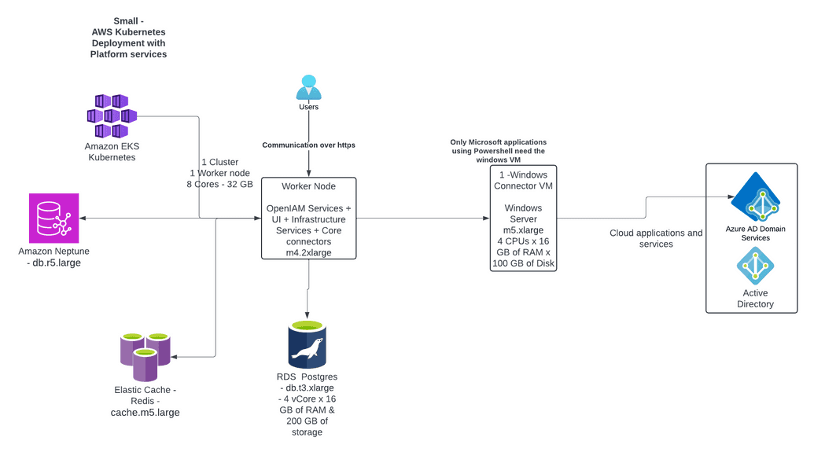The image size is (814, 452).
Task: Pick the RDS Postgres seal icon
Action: (307, 346)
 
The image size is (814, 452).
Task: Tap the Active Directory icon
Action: (755, 266)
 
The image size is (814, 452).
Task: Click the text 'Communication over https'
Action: (308, 145)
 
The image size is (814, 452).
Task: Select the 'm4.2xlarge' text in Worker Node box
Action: (308, 253)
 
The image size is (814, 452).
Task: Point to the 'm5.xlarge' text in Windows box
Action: (523, 230)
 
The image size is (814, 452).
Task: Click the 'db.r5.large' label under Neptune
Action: (53, 263)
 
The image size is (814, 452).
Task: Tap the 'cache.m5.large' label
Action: (145, 412)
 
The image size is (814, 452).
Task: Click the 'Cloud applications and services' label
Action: (656, 238)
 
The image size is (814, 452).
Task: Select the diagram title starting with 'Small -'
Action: (128, 38)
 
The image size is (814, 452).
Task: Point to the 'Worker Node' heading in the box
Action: (308, 186)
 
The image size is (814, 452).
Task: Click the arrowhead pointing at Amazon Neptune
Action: (83, 219)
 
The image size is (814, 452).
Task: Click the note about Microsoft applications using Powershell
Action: (497, 151)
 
